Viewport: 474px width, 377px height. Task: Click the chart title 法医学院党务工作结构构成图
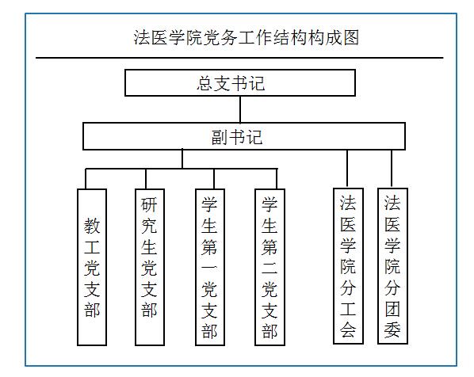(247, 37)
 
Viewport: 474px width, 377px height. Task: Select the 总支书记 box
(240, 83)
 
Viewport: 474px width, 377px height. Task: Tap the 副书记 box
(244, 136)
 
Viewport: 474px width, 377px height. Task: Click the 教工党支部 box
(92, 267)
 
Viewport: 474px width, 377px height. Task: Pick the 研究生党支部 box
(150, 267)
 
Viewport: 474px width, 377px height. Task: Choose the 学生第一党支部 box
(210, 267)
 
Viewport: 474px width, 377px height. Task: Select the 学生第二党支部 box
(269, 267)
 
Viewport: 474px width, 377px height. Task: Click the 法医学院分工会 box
(348, 266)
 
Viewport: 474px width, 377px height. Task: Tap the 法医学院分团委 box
(392, 266)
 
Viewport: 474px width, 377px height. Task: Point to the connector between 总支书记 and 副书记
(240, 109)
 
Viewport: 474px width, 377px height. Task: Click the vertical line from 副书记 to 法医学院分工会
(347, 169)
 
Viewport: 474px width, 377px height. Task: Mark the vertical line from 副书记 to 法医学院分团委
(392, 169)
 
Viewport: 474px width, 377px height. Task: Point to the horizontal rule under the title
(239, 57)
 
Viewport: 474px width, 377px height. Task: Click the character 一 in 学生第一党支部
(209, 267)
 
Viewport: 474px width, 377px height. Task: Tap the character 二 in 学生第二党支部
(269, 267)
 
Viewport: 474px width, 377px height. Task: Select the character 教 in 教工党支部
(92, 226)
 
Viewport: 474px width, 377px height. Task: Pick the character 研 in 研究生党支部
(149, 204)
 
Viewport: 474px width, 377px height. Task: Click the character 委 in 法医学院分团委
(392, 329)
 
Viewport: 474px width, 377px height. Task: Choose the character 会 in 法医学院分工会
(348, 329)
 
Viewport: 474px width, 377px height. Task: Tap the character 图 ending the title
(351, 37)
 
